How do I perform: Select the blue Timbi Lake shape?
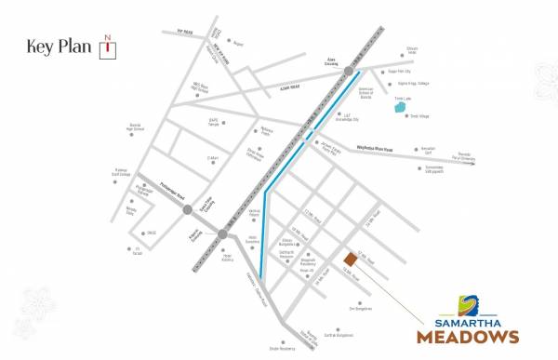(x=400, y=107)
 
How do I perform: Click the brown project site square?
(x=350, y=259)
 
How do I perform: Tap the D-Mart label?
(x=212, y=158)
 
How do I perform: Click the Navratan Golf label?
(x=427, y=149)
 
